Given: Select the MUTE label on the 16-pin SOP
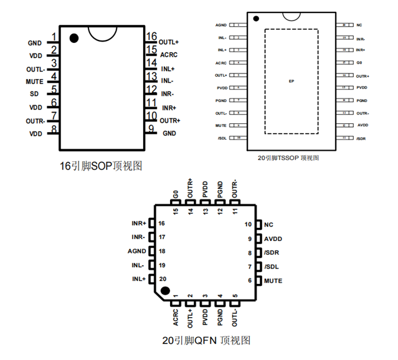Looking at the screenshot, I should [x=35, y=82].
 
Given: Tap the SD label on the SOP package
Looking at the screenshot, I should [x=34, y=94].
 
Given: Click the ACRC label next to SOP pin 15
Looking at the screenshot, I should [x=169, y=55].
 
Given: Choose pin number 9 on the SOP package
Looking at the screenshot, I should [x=151, y=129].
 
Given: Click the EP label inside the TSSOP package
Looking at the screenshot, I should [x=291, y=82].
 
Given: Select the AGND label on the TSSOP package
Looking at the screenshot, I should [x=221, y=25].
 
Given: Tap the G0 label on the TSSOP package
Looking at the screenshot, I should [x=359, y=64].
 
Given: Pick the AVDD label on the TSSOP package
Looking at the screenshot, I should [x=362, y=125].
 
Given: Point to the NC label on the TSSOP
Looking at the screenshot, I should [x=359, y=25].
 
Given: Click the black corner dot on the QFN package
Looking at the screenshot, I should [x=165, y=290].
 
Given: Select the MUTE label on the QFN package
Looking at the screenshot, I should [x=273, y=281].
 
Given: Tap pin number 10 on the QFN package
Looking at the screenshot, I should [x=247, y=224].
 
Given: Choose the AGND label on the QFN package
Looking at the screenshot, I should [x=136, y=252].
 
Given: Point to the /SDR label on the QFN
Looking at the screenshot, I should [x=272, y=253].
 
